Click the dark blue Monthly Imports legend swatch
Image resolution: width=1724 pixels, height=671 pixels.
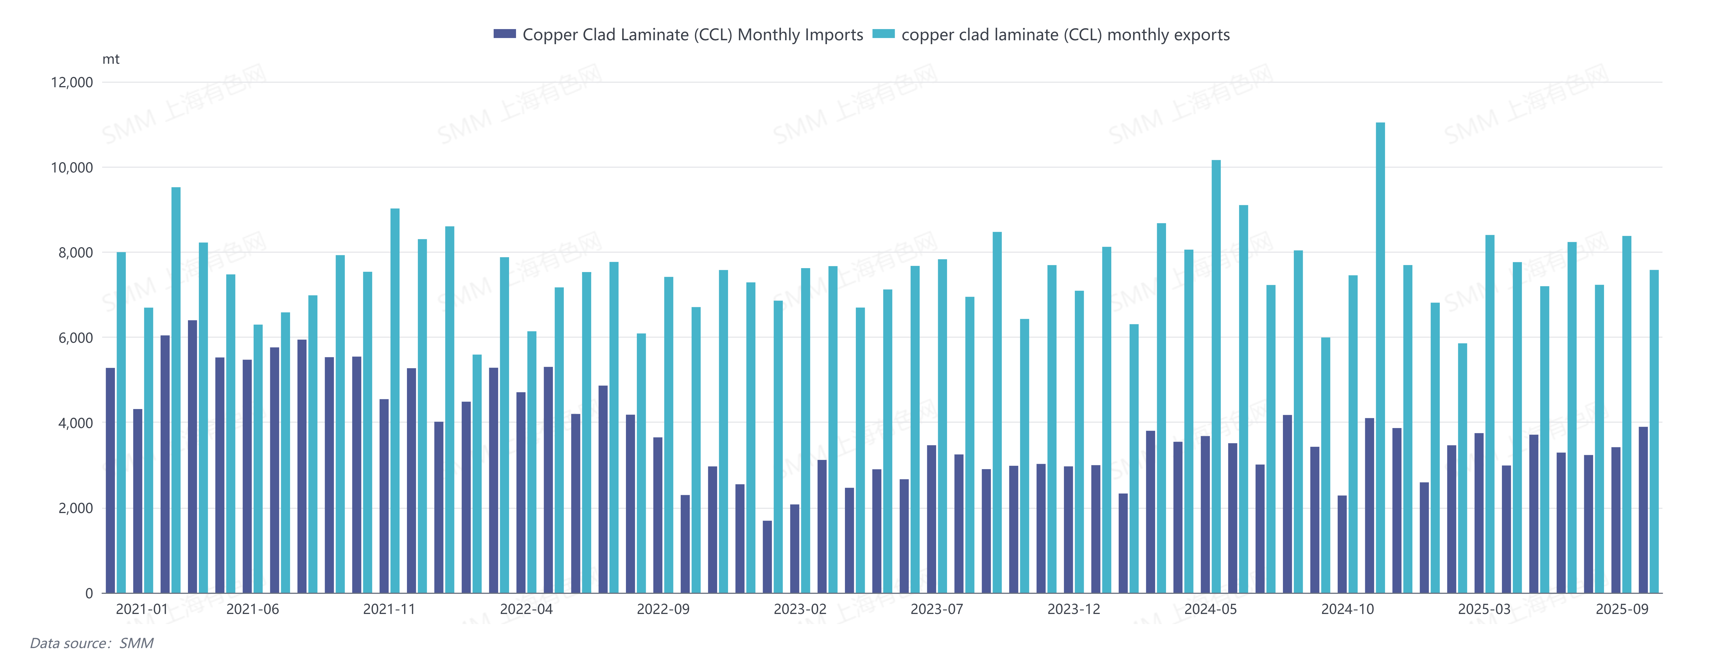click(x=505, y=34)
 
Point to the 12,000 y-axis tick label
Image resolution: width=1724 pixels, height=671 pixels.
click(x=72, y=82)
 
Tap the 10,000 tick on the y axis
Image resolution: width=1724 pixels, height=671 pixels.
click(x=72, y=167)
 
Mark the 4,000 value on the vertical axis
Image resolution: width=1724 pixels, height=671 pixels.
click(x=75, y=423)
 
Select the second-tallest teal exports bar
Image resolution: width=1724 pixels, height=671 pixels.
click(x=1216, y=375)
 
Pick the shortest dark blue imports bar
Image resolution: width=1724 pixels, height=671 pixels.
click(x=767, y=557)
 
